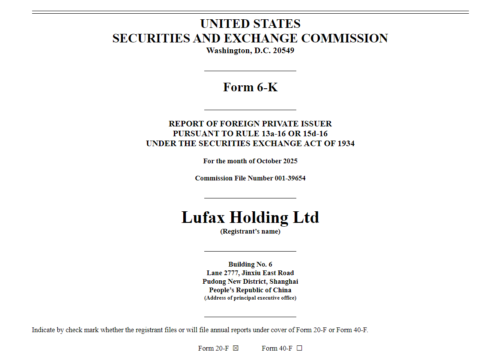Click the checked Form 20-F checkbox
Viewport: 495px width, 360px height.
[x=236, y=348]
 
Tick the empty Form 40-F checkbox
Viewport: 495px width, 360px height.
[x=299, y=348]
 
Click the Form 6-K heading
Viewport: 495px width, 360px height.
[x=250, y=87]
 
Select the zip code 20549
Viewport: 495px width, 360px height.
[x=284, y=51]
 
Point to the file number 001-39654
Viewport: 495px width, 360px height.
[x=290, y=178]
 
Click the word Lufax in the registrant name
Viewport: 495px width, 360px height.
[x=203, y=217]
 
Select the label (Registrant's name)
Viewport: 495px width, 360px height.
[x=250, y=231]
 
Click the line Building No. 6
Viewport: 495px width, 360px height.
[x=250, y=264]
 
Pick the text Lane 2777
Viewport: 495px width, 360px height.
[x=223, y=273]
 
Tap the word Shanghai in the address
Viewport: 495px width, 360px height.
[x=284, y=282]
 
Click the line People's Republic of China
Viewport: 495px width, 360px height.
[x=250, y=290]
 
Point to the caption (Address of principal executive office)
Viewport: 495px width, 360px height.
[x=250, y=298]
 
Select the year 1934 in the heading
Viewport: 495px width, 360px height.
[x=346, y=144]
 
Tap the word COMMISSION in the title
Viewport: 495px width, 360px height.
[x=345, y=38]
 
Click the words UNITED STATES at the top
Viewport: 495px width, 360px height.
[x=250, y=24]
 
